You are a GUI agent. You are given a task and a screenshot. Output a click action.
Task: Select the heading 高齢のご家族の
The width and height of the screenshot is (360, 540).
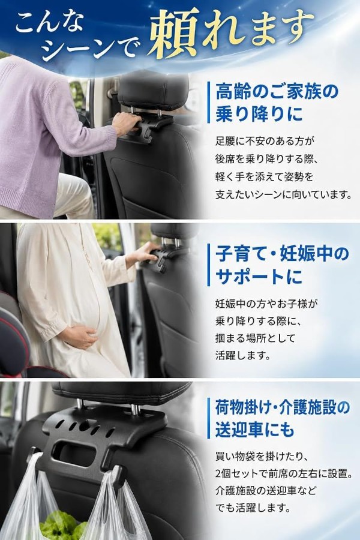(x=277, y=92)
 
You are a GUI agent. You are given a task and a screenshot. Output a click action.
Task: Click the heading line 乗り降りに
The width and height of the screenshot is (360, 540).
(x=259, y=114)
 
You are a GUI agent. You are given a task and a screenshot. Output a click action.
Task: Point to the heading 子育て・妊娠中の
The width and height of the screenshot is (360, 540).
(x=283, y=254)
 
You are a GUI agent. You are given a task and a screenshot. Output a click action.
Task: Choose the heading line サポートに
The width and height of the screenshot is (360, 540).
(x=259, y=277)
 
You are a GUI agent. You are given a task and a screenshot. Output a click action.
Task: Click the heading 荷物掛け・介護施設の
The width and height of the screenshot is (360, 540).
(x=283, y=407)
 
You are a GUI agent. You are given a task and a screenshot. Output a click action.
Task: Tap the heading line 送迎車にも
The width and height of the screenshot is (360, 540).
(x=255, y=430)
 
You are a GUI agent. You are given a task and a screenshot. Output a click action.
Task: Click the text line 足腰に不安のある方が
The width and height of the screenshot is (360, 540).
(x=265, y=141)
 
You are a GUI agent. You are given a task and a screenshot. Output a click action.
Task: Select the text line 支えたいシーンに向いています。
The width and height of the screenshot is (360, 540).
(x=284, y=195)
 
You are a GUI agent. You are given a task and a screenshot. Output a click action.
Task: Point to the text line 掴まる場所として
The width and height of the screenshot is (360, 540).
(x=255, y=338)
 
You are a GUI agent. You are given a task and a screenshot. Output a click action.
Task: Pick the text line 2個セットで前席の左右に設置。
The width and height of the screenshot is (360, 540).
(x=284, y=473)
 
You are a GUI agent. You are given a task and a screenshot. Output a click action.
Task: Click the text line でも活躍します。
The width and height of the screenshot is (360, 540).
(x=253, y=508)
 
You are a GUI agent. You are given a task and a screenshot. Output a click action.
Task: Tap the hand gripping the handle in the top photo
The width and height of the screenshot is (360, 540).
(x=125, y=122)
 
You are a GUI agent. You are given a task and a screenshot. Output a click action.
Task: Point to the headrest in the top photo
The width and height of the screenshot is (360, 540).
(x=153, y=89)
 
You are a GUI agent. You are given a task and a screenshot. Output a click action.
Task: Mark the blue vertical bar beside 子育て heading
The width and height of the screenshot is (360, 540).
(x=208, y=265)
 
